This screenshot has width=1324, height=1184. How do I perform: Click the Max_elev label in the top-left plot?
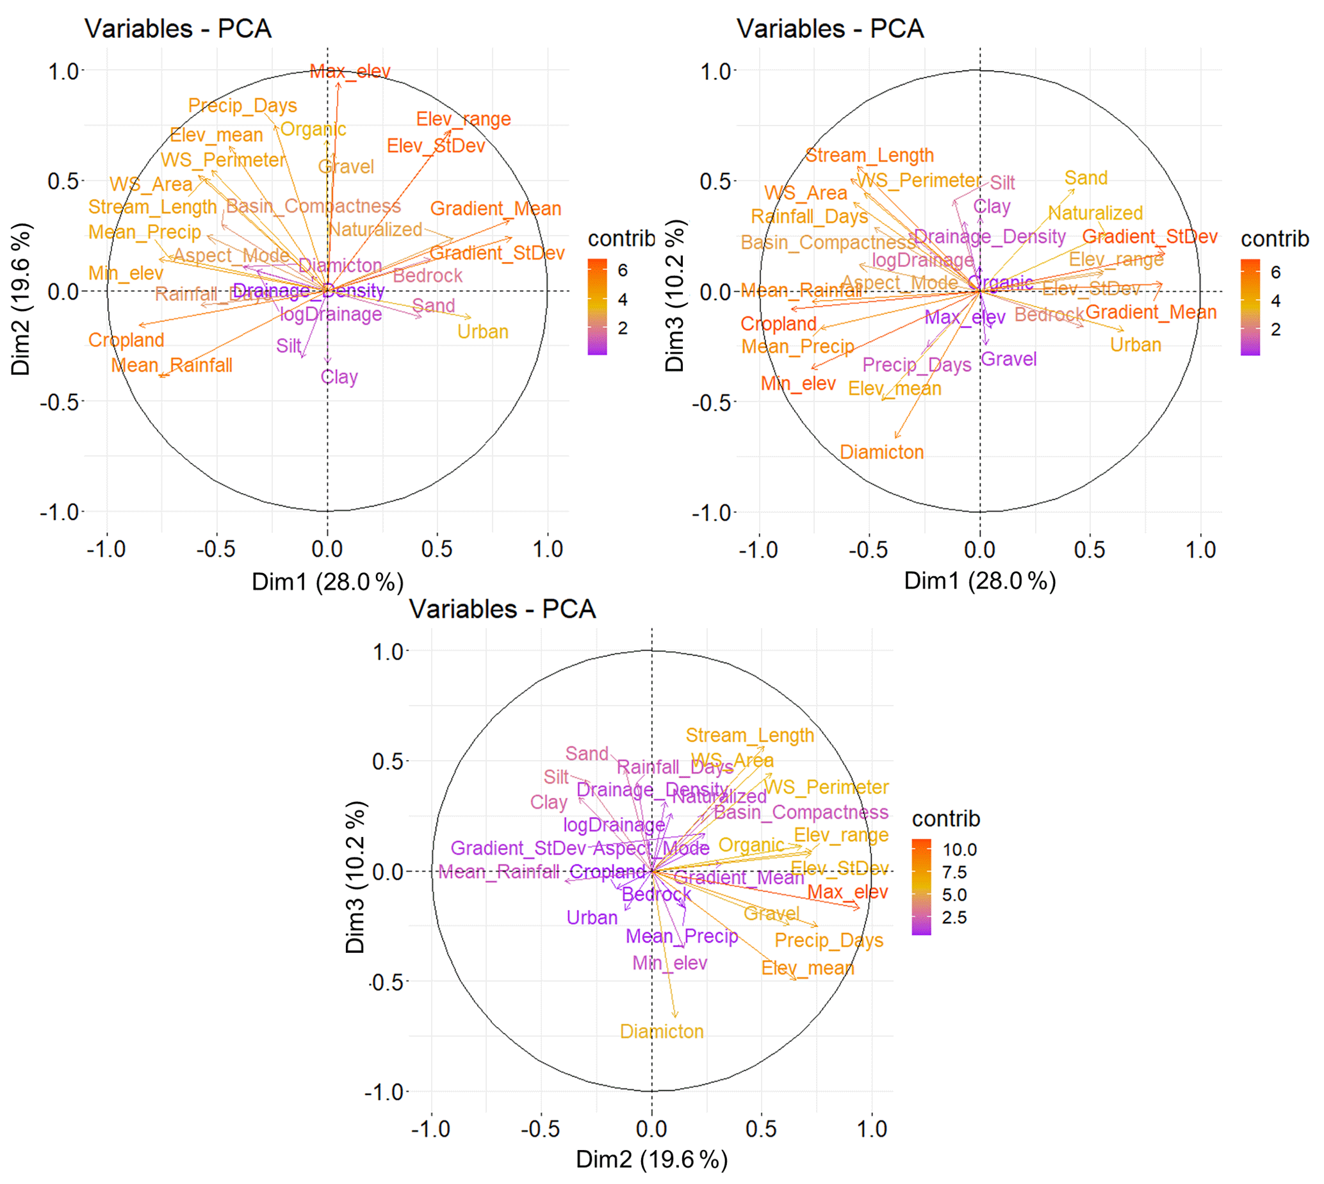349,71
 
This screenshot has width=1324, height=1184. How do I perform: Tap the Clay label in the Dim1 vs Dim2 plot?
339,377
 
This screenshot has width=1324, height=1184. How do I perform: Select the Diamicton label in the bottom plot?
662,1032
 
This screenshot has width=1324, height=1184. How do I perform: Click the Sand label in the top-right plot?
1086,178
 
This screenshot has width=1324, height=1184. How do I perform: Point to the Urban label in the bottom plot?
591,918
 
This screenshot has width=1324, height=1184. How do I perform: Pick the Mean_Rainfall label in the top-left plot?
171,366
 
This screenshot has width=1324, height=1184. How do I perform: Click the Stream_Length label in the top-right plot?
869,156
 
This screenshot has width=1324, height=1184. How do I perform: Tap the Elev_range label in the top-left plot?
463,119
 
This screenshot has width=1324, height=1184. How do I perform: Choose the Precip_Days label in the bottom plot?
829,941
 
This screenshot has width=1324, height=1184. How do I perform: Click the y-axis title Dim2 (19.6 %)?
21,299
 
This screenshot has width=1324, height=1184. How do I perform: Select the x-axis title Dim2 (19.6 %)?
651,1159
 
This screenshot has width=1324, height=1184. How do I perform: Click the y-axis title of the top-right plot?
674,295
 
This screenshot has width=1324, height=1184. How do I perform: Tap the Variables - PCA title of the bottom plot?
502,609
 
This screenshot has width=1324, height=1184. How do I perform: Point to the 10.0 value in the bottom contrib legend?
960,850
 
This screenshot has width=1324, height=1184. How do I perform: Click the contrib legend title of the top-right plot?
1275,239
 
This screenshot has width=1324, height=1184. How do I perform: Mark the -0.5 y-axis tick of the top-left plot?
61,402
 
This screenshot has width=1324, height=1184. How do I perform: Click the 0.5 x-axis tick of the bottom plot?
761,1129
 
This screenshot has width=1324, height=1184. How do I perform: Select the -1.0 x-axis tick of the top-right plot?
758,550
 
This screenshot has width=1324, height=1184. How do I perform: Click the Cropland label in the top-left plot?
126,340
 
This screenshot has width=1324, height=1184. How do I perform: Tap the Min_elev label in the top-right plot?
797,384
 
